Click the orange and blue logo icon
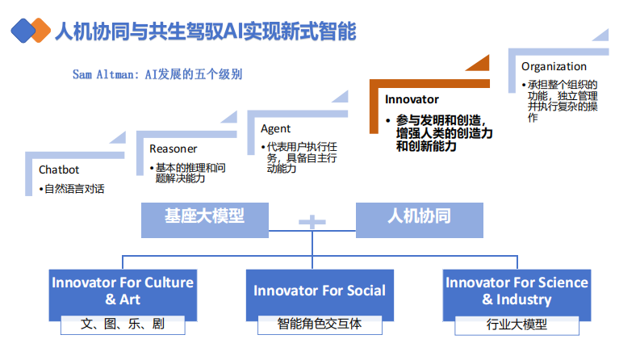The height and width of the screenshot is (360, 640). click(x=29, y=31)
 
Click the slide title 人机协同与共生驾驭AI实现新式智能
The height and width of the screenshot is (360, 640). click(x=204, y=31)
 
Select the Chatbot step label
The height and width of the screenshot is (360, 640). click(x=59, y=170)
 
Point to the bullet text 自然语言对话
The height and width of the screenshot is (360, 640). click(x=72, y=189)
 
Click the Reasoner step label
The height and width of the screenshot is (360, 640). click(x=173, y=149)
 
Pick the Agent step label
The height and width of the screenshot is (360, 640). click(x=275, y=128)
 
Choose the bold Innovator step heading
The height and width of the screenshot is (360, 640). click(x=412, y=99)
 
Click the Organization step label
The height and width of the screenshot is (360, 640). click(x=554, y=66)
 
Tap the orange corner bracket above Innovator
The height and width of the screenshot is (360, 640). click(x=428, y=69)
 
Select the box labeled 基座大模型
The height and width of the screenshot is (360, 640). click(x=204, y=216)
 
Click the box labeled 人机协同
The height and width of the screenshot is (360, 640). click(x=419, y=216)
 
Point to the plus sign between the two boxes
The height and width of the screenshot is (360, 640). click(x=312, y=220)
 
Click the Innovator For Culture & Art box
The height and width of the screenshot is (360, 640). click(x=123, y=291)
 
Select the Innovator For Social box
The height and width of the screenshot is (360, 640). click(x=320, y=291)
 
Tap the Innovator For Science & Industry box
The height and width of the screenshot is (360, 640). click(x=517, y=291)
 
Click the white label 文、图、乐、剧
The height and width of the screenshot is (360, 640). click(x=123, y=324)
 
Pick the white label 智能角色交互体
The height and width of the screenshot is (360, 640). click(x=320, y=324)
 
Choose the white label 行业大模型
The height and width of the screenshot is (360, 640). click(x=517, y=324)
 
